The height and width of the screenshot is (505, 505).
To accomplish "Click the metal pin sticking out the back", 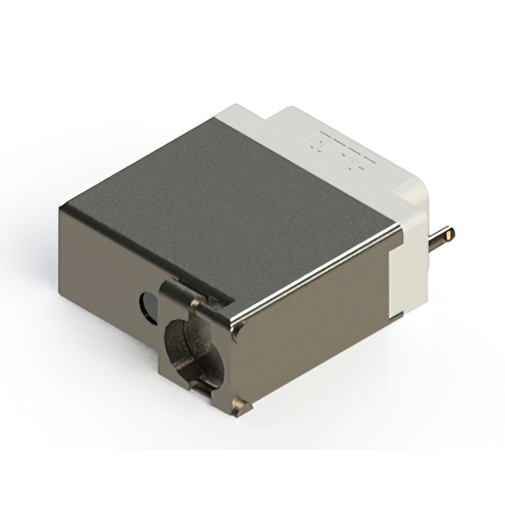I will click(x=438, y=236).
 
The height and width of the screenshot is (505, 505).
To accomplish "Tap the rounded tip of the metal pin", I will click(x=451, y=233).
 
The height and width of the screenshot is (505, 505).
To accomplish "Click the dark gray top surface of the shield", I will click(x=237, y=197).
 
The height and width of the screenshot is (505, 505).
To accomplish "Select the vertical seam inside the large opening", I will click(x=194, y=347).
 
